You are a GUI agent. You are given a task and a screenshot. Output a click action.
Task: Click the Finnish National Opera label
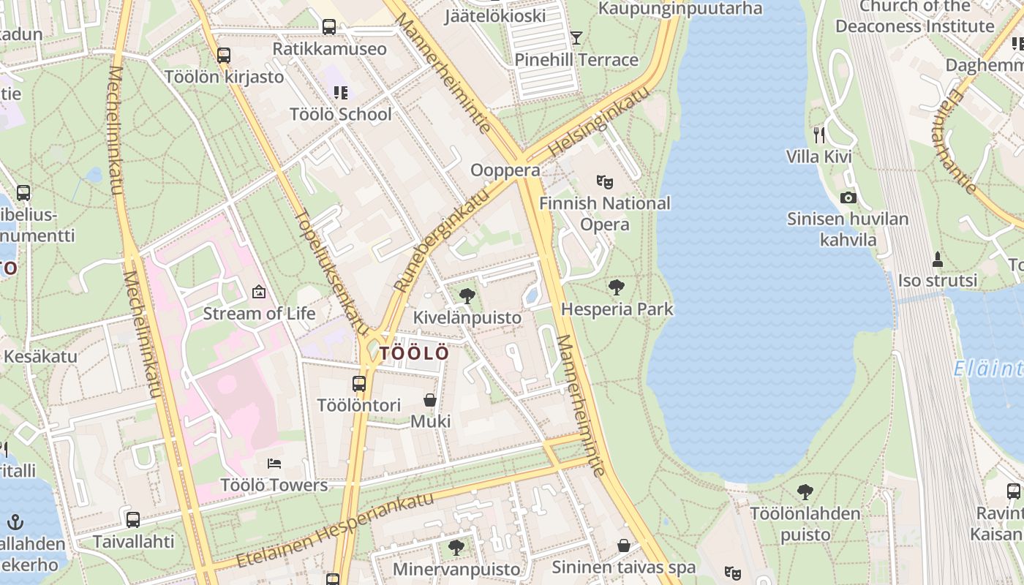pos(604,214)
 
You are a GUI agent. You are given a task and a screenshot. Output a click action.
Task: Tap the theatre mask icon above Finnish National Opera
pos(604,181)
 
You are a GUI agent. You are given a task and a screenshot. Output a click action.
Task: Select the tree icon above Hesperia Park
pos(617,287)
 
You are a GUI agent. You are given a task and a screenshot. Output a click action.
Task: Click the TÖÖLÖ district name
pos(414,353)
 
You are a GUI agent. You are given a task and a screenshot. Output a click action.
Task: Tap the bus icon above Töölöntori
pos(359,383)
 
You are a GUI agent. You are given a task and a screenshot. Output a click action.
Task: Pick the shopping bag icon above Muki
pos(430,400)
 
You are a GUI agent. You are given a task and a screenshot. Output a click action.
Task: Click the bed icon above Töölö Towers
pos(274,463)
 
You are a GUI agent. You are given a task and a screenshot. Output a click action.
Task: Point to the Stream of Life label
pos(259,314)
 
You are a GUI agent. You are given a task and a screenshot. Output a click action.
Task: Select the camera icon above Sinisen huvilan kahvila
pos(848,197)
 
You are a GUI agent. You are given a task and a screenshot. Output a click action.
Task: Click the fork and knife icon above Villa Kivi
pos(819,135)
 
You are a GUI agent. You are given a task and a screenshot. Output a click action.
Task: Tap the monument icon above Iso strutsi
pos(937,259)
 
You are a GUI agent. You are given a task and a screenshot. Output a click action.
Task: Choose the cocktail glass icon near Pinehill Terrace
pos(576,37)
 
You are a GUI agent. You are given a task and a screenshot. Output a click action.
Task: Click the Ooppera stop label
pos(505,170)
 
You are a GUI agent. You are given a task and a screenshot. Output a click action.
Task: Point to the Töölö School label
pos(341,114)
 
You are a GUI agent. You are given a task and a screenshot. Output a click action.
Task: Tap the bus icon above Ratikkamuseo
pos(329,27)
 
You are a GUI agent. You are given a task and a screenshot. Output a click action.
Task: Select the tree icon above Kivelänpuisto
pos(467,295)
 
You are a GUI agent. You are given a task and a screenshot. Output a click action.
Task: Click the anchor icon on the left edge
pos(15,522)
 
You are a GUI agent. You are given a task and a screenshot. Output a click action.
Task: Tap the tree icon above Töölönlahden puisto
pos(805,491)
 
